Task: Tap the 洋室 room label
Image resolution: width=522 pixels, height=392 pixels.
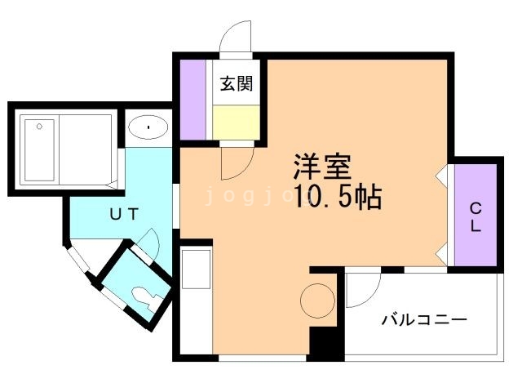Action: click(322, 169)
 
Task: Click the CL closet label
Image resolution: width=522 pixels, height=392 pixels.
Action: click(475, 217)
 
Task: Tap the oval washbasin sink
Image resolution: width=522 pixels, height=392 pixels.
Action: click(148, 127)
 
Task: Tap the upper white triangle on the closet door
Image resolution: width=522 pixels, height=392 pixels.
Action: click(441, 174)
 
